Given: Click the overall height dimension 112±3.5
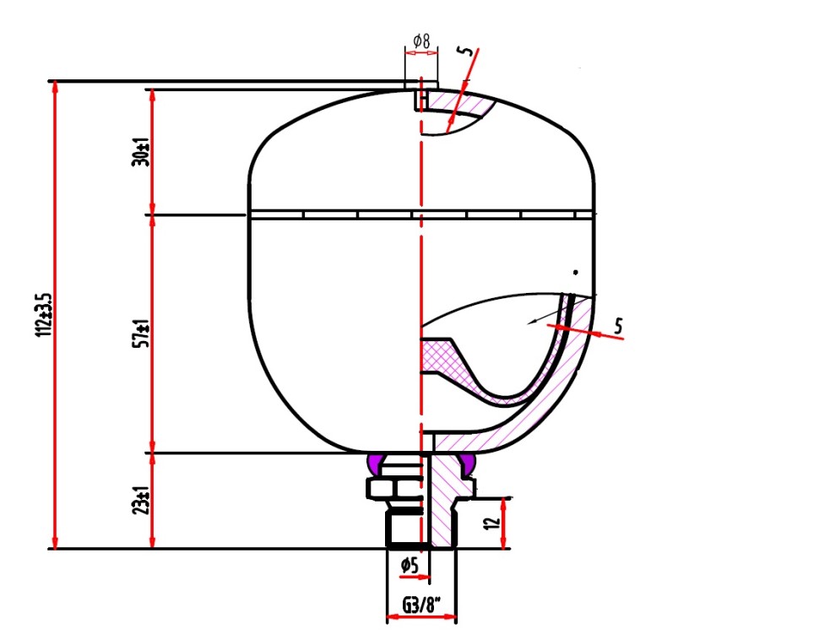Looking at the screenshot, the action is click(x=44, y=315).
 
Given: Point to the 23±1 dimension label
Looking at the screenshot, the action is click(x=140, y=501).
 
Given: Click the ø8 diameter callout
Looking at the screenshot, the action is click(x=421, y=41).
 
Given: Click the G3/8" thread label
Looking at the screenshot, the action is click(x=421, y=605).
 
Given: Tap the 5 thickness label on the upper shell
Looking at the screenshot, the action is click(x=465, y=52).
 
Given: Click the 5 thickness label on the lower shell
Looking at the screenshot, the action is click(x=618, y=326).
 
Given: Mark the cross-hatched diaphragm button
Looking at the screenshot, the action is click(x=443, y=357).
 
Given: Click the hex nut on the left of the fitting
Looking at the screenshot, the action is click(x=382, y=488).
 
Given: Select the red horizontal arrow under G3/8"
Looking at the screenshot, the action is click(x=421, y=617).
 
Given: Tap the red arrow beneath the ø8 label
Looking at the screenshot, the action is click(x=421, y=52).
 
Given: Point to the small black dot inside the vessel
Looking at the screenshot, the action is click(x=576, y=272).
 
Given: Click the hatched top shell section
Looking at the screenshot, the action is click(x=459, y=104).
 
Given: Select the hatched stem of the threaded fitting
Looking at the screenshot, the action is click(x=443, y=502).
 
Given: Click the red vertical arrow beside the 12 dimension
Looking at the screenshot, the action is click(x=504, y=523).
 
